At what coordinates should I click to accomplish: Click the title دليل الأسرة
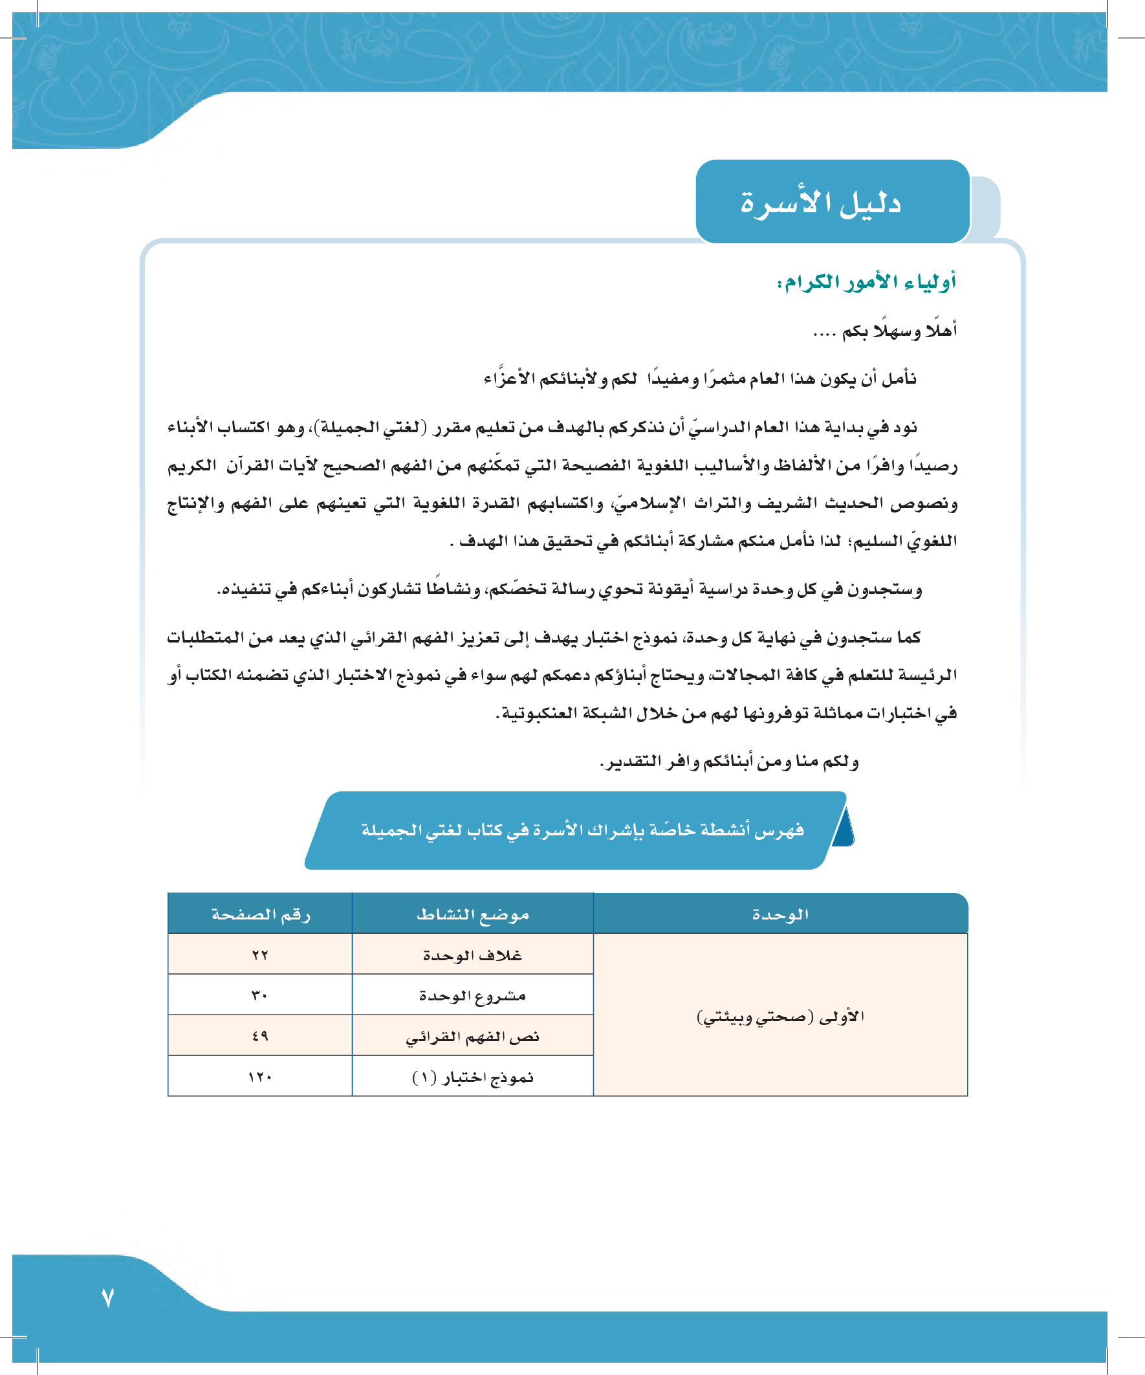(x=821, y=203)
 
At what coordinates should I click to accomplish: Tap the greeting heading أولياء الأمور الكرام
(x=866, y=282)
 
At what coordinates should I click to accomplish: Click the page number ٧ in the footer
(x=108, y=1297)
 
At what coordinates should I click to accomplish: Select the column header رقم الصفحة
(x=261, y=914)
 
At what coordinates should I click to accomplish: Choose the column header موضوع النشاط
(x=473, y=914)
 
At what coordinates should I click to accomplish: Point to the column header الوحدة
(x=780, y=914)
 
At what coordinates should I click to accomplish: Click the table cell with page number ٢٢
(x=260, y=954)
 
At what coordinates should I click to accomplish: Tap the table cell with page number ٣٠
(x=260, y=995)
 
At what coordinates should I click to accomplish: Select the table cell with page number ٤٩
(x=260, y=1036)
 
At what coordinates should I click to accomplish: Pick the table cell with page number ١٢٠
(x=260, y=1077)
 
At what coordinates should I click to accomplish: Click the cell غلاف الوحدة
(x=473, y=954)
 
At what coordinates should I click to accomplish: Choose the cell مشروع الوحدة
(x=473, y=995)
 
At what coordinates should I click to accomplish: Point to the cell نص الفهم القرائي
(x=473, y=1037)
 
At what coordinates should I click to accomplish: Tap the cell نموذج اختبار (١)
(x=473, y=1077)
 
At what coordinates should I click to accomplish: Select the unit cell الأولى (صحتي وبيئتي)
(x=780, y=1016)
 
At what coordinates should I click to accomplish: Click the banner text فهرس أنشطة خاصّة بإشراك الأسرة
(x=582, y=830)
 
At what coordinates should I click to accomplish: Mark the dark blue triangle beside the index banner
(x=844, y=828)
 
